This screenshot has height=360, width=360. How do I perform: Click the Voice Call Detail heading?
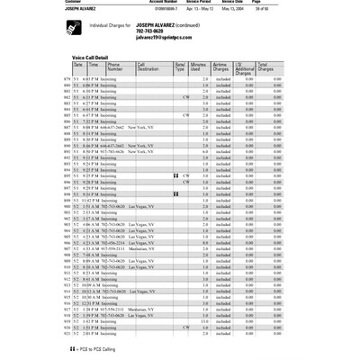click(x=97, y=57)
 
